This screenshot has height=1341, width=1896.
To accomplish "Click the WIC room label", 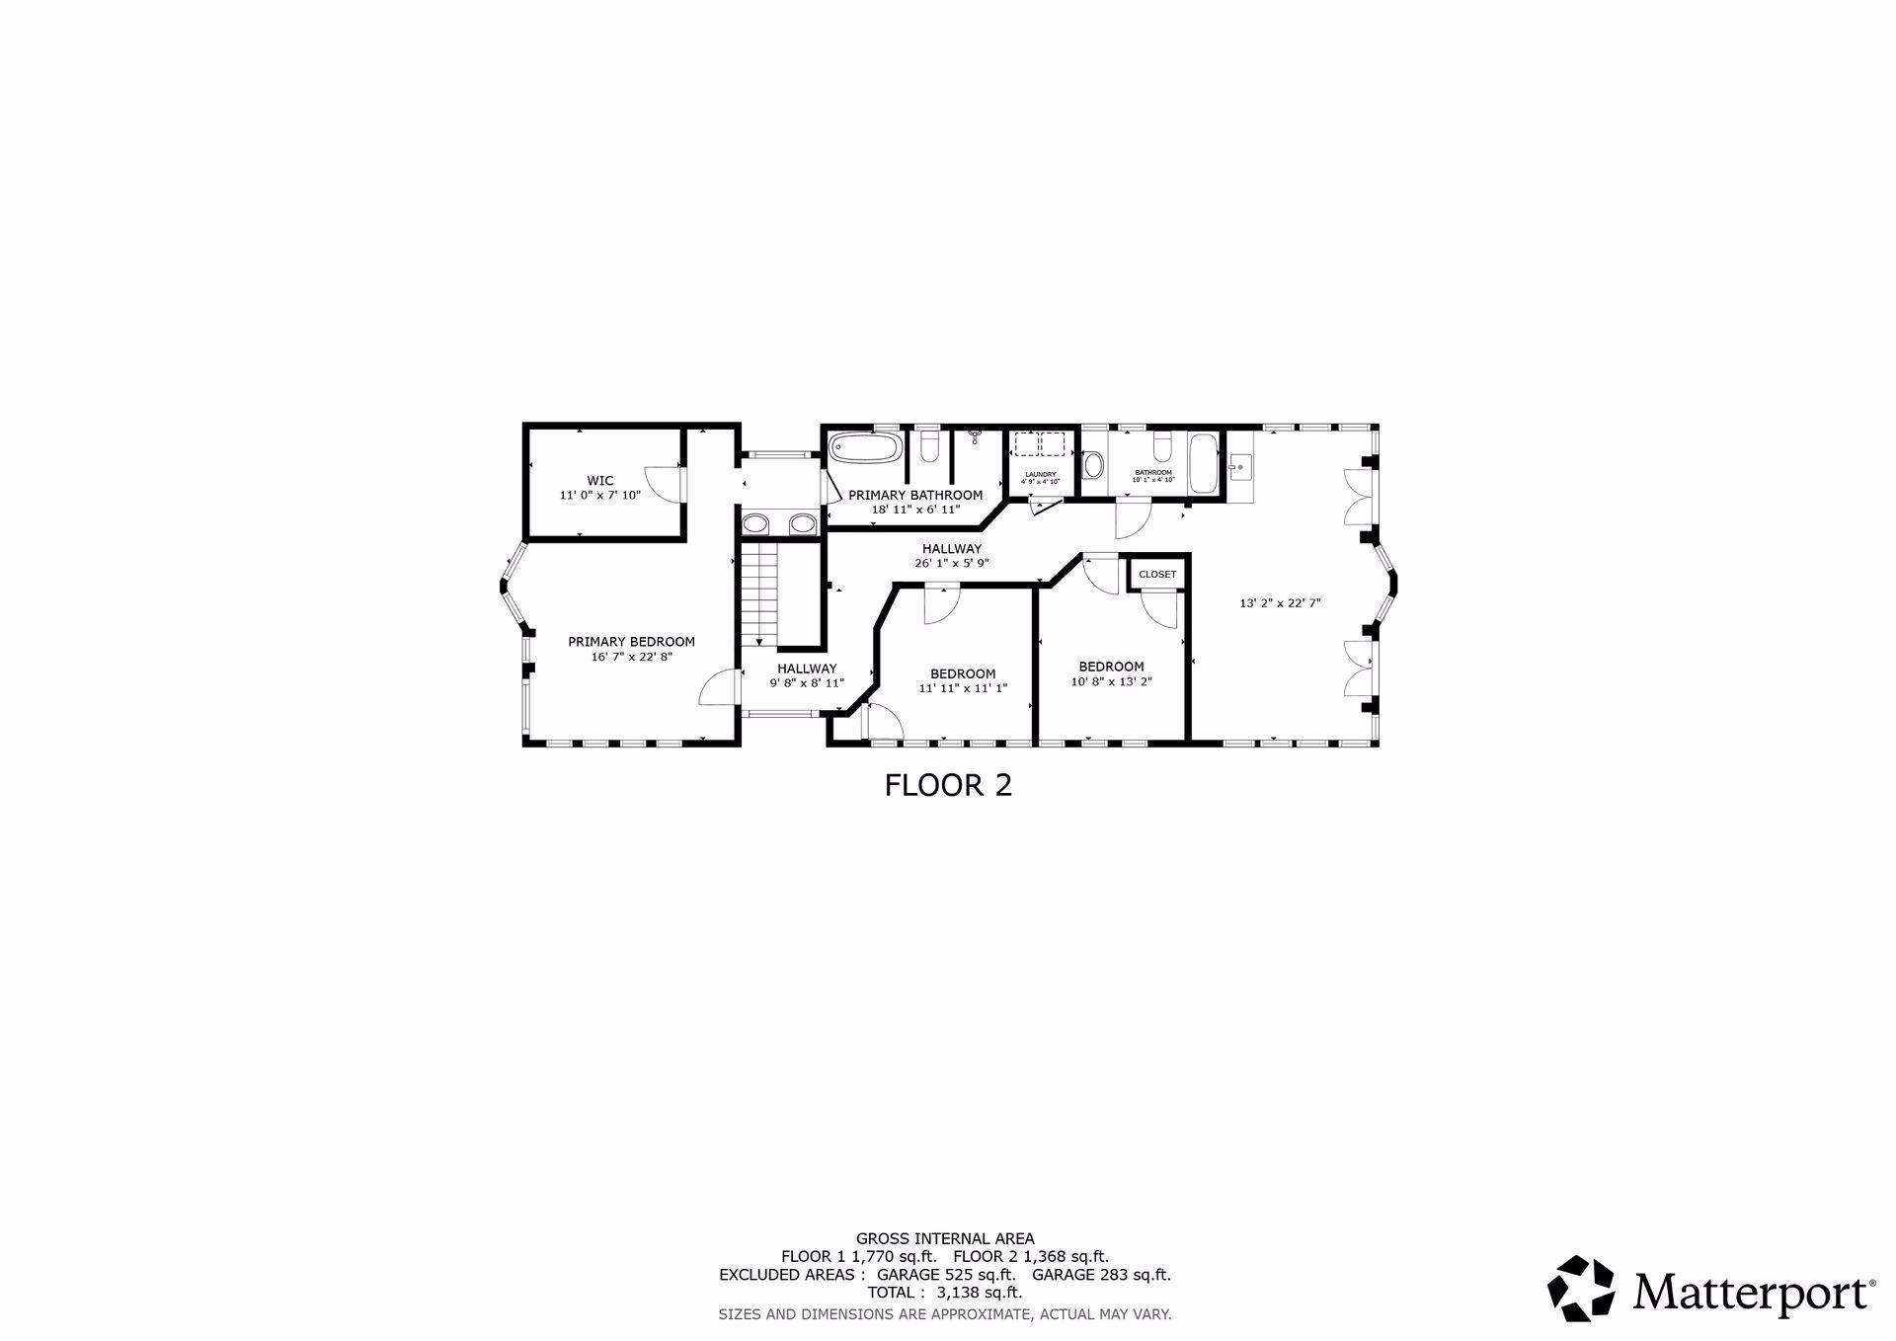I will coord(599,481).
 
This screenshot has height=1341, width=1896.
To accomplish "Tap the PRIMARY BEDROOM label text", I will coord(631,642).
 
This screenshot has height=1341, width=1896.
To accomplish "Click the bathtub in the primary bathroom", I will coord(865,448).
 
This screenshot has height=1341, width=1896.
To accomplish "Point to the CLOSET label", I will coord(1157,575).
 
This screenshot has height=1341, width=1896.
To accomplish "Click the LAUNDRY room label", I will coord(1040,475).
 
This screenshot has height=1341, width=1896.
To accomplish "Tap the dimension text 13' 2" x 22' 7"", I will coord(1280,603).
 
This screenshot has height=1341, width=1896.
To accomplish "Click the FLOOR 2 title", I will coord(948,786).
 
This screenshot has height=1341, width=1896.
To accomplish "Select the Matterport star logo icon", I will coord(1580,1288).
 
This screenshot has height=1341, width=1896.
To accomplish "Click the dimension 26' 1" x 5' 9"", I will coord(951,563).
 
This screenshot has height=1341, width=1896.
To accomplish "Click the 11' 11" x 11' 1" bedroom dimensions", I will coord(963,688).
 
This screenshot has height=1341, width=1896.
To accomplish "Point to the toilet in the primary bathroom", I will coord(928,449).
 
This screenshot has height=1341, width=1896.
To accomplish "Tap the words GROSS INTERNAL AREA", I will coord(945,1238).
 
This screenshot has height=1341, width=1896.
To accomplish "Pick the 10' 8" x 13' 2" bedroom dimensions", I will coord(1111,681).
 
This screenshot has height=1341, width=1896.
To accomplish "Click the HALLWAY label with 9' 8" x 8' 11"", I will coord(807,669).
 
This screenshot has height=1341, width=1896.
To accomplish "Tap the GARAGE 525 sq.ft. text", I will coord(946,1275).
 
